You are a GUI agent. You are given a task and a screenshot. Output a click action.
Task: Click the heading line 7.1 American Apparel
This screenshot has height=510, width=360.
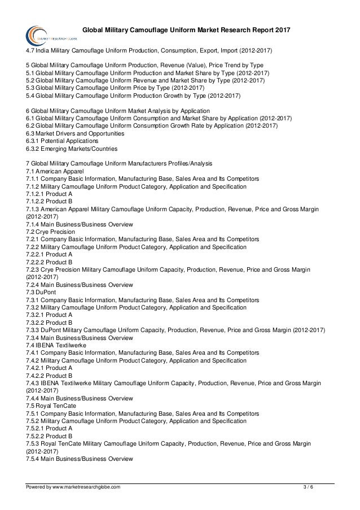(x=55, y=171)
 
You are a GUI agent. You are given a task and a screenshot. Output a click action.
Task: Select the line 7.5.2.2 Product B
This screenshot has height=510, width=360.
(x=49, y=436)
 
